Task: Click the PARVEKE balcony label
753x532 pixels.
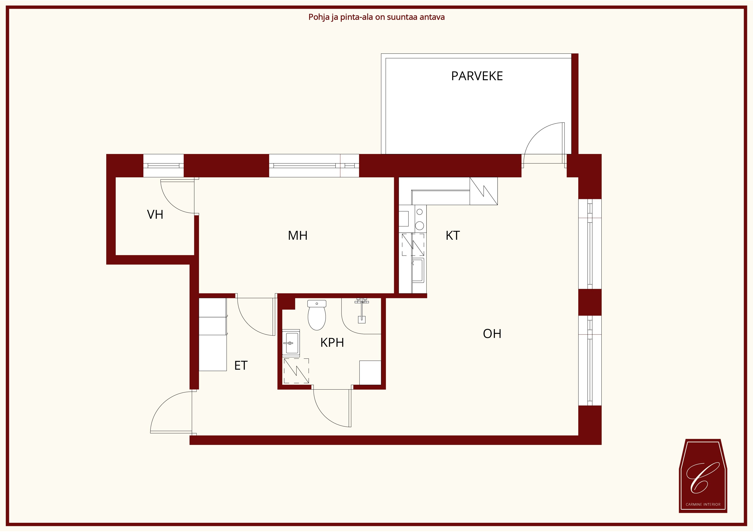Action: [477, 76]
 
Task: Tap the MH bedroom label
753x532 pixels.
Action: [298, 235]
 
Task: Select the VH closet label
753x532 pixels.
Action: [155, 215]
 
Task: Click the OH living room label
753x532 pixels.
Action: [492, 334]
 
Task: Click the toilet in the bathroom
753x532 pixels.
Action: [317, 315]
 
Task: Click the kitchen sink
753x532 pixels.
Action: [418, 270]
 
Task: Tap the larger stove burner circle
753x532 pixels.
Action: [419, 225]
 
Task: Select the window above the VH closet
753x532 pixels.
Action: [163, 166]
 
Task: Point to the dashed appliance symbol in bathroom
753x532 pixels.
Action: [296, 371]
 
